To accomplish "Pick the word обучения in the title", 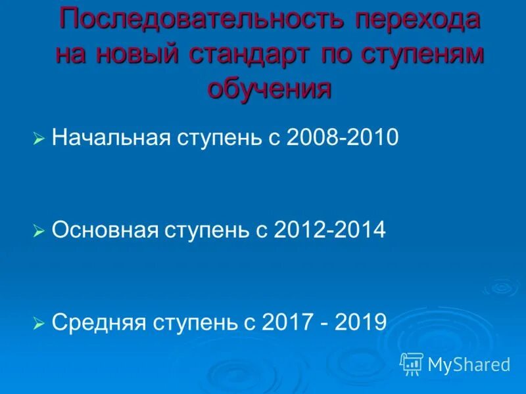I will pyautogui.click(x=269, y=88).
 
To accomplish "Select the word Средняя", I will pyautogui.click(x=98, y=322).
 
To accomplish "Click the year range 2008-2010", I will pyautogui.click(x=343, y=138).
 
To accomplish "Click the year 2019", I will pyautogui.click(x=358, y=322).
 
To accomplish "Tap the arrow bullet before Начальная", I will pyautogui.click(x=39, y=139).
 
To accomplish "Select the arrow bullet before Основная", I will pyautogui.click(x=39, y=231).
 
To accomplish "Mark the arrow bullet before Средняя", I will pyautogui.click(x=39, y=323).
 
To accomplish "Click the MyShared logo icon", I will pyautogui.click(x=412, y=363).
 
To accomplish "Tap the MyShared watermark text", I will pyautogui.click(x=469, y=364).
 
